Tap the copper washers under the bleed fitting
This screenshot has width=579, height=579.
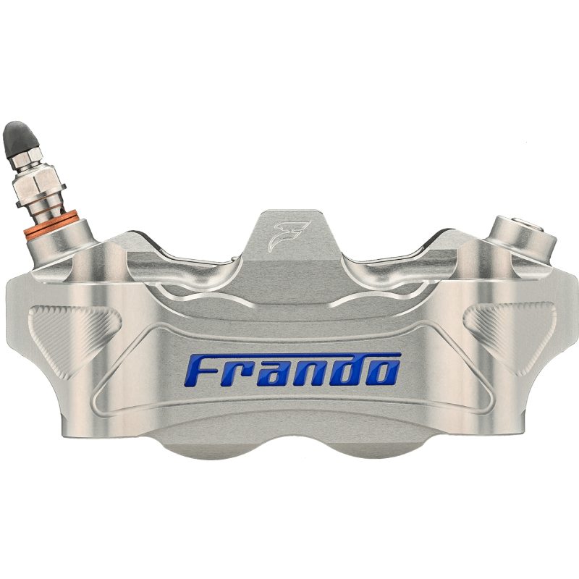51,224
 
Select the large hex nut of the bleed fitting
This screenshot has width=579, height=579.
37,183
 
